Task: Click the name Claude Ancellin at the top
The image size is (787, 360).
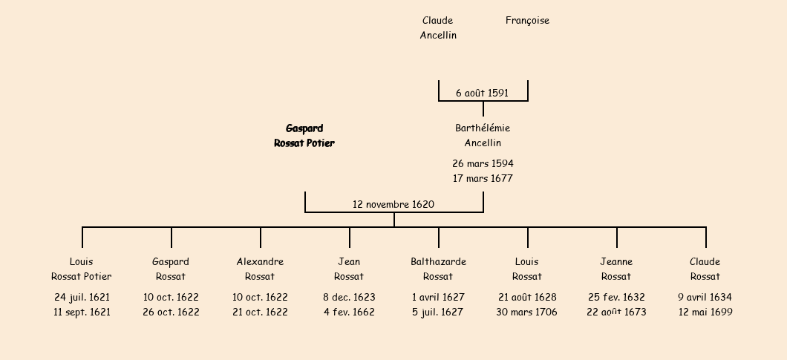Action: point(438,27)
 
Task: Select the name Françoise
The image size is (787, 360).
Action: point(527,21)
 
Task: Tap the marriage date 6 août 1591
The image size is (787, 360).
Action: point(482,93)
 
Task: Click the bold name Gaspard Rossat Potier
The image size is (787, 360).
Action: point(304,136)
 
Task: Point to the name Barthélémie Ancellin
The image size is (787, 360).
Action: point(483,136)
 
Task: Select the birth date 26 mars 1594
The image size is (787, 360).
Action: point(483,163)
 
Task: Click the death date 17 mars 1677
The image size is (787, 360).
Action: point(483,178)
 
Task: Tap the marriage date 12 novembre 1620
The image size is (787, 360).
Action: point(393,204)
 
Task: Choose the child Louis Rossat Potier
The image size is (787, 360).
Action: point(82,269)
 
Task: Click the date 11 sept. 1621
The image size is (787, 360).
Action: point(82,312)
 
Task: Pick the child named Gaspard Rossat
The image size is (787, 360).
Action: point(171,269)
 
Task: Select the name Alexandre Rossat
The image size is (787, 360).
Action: point(260,269)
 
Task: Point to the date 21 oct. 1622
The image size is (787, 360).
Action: point(260,312)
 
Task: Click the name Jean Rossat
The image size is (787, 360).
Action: point(349,269)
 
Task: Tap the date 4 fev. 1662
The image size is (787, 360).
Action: point(349,312)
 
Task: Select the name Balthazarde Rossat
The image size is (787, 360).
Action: point(438,269)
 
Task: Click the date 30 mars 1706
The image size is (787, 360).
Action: point(527,312)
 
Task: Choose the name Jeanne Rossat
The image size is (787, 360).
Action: point(616,269)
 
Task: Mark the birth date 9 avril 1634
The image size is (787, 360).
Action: point(705,297)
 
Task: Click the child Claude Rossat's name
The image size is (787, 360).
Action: point(705,269)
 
